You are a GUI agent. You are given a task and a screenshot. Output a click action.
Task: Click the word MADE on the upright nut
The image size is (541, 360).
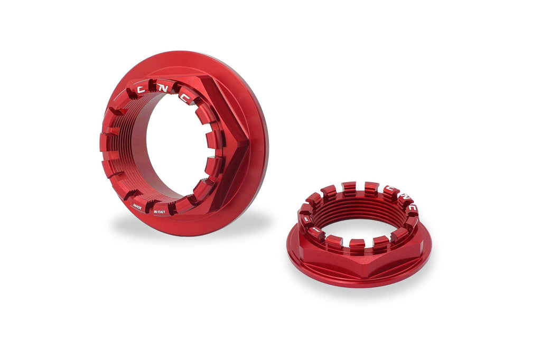(x=137, y=206)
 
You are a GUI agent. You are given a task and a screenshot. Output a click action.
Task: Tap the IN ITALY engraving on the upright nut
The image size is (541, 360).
(x=160, y=212)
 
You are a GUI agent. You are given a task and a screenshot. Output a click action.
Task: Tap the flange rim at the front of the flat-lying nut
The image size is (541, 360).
(x=359, y=282)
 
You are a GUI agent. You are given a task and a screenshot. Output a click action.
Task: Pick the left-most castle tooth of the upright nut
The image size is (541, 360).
(x=106, y=143)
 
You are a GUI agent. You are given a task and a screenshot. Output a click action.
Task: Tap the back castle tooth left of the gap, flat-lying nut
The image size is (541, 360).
(x=349, y=187)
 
